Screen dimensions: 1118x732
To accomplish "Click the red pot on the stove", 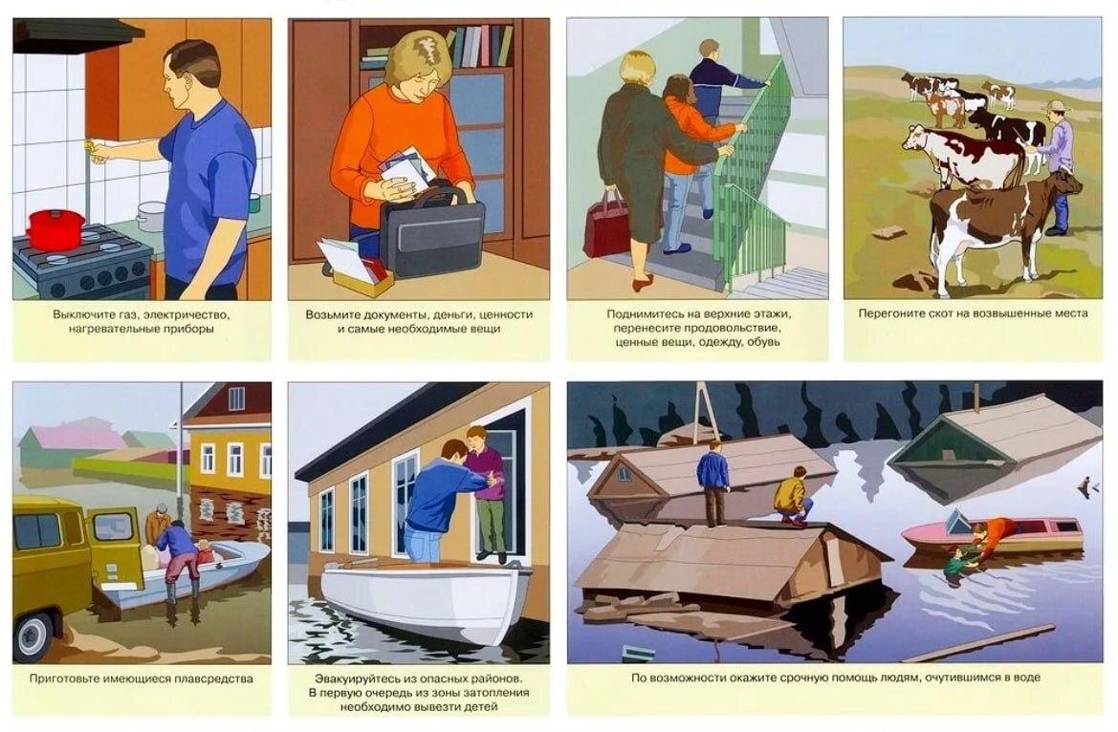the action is tap(55, 228).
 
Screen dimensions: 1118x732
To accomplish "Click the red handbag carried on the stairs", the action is tap(606, 225).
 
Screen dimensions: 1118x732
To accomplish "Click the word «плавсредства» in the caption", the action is tap(217, 678).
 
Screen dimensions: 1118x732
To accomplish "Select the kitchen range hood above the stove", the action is tap(77, 35).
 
